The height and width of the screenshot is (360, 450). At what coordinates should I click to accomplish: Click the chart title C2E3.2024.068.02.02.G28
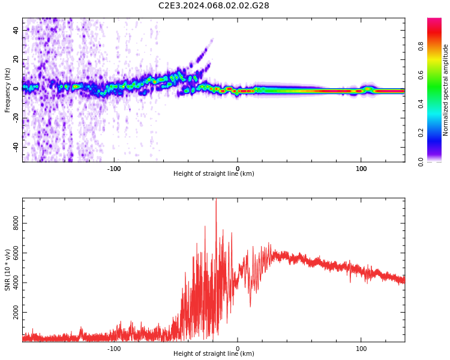214,6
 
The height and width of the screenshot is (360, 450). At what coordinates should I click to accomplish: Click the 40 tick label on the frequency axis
16,30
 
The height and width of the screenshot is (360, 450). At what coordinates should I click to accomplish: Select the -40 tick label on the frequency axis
16,147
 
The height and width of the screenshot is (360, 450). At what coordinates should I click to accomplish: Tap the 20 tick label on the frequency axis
16,59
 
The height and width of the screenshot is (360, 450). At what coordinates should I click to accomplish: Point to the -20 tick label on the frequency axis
16,118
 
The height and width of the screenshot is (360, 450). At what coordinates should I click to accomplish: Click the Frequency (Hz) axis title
8,89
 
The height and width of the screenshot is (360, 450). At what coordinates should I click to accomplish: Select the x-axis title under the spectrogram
214,174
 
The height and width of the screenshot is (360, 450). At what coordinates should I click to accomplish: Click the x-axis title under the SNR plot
214,354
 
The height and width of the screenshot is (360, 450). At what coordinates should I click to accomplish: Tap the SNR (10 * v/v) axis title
8,270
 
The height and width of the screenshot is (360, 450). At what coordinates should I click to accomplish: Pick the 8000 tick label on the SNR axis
16,224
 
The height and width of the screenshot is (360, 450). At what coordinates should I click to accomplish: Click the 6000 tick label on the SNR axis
16,254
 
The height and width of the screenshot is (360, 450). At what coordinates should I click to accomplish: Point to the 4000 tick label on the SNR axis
16,283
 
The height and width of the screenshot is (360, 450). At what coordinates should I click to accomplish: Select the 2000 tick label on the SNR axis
16,313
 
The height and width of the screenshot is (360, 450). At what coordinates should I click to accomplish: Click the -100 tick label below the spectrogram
114,169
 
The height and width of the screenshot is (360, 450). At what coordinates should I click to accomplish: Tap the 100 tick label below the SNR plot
361,349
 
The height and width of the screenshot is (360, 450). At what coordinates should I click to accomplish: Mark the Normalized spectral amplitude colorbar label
446,89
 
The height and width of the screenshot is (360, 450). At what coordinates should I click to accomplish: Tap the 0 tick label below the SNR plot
238,349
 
